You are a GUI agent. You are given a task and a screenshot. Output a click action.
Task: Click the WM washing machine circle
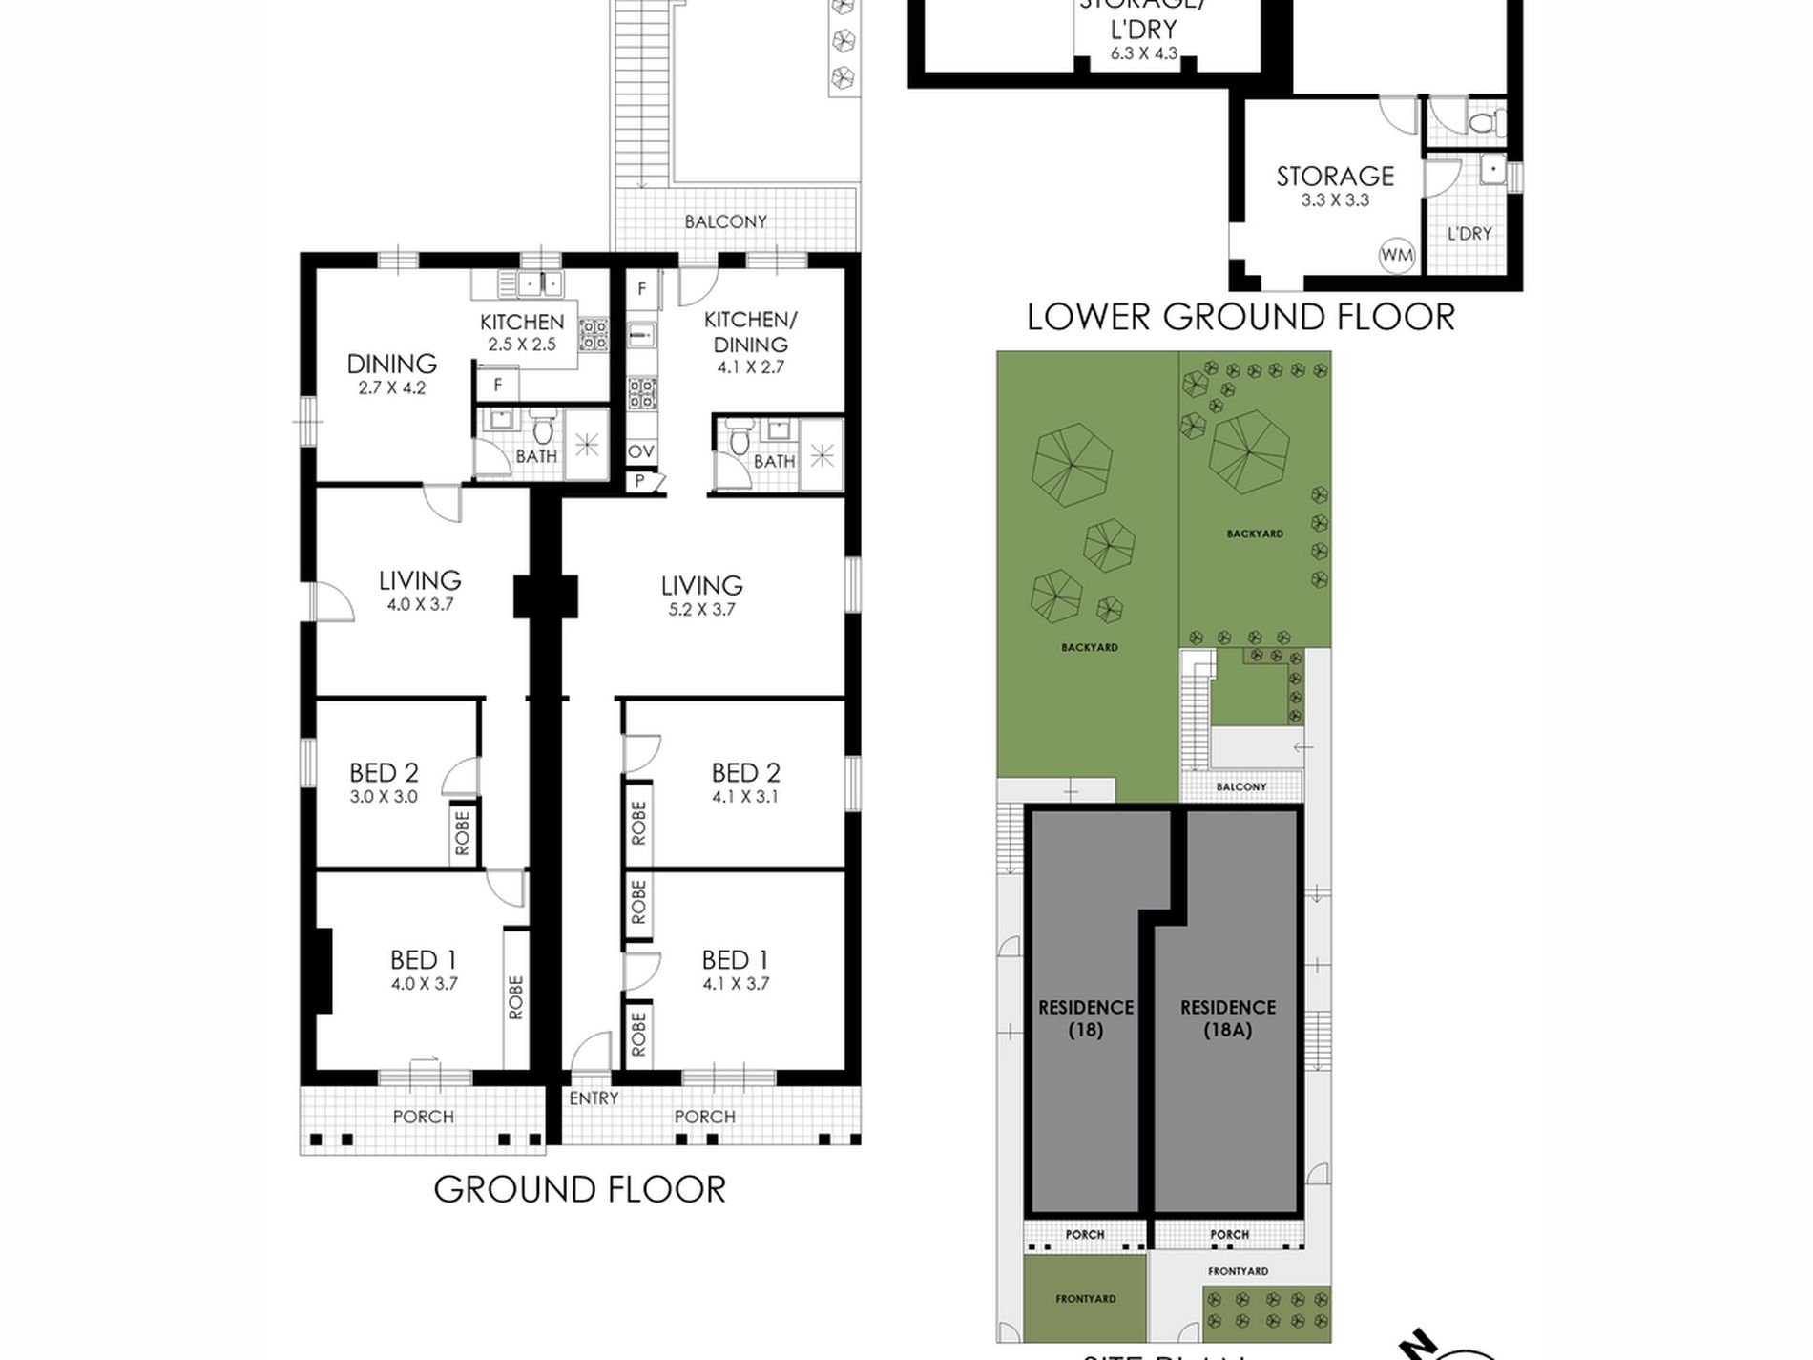click(1397, 255)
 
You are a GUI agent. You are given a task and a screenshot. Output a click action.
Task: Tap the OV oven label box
click(641, 451)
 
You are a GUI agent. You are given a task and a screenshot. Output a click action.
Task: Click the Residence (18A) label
click(1228, 1018)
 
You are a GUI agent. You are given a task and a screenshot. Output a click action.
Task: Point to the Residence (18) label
click(1086, 1018)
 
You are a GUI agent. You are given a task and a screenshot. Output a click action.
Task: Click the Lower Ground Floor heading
click(1240, 317)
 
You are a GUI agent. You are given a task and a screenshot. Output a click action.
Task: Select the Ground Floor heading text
click(580, 1189)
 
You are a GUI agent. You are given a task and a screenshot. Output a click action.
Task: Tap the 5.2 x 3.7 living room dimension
click(701, 610)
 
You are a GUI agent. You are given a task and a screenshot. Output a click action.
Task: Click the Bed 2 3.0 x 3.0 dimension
click(384, 797)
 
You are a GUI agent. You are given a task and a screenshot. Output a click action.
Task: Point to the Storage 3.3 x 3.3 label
click(1335, 186)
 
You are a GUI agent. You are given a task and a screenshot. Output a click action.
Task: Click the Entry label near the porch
click(594, 1098)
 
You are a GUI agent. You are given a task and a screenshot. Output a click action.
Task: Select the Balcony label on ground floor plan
click(725, 221)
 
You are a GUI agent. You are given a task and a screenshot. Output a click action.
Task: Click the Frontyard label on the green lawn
click(1086, 1299)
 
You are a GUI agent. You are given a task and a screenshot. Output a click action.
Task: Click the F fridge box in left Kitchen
click(498, 386)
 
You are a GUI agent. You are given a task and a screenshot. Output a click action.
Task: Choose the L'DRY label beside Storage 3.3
click(1469, 234)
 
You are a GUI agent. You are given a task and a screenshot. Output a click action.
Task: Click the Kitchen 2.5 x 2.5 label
click(522, 332)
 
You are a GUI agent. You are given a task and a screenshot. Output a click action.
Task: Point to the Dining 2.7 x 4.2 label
click(392, 373)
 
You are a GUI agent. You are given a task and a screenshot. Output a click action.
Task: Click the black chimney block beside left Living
click(546, 597)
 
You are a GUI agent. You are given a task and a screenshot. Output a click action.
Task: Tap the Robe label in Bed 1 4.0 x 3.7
click(516, 997)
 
